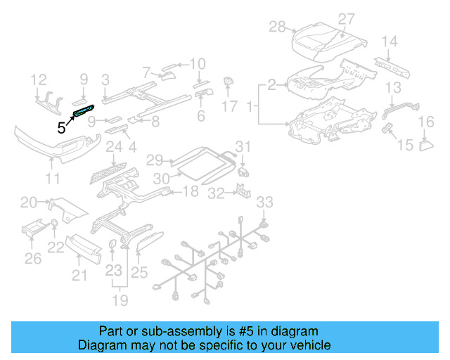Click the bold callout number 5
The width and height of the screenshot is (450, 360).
[61, 127]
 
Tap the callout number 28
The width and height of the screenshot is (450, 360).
[278, 27]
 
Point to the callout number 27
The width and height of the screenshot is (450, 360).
[346, 19]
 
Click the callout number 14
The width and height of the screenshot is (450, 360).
[389, 41]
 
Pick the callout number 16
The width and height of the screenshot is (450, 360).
[426, 123]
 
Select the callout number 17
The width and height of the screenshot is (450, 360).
[230, 107]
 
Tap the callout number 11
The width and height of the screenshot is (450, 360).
[53, 179]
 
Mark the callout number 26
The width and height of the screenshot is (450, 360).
[32, 259]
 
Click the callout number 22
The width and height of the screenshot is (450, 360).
[55, 247]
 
